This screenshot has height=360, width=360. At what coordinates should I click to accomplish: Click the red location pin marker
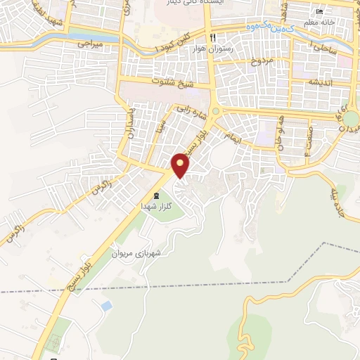[x=181, y=165]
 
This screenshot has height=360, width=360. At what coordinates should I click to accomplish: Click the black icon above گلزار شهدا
[x=156, y=195]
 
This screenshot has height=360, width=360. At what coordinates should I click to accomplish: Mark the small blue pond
[x=105, y=307]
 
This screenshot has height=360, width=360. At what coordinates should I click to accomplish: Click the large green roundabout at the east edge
[x=351, y=118]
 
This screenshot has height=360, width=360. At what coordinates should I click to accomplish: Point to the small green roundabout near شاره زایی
[x=216, y=112]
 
